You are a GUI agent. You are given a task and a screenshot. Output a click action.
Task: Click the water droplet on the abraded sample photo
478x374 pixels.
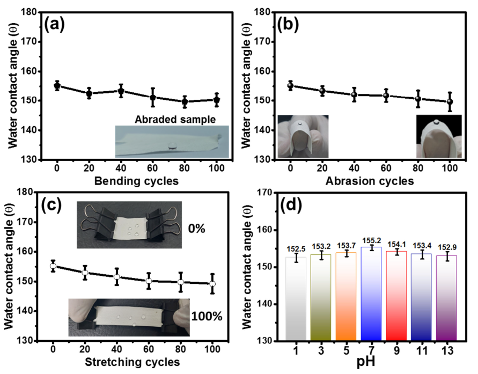tap(173, 145)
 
